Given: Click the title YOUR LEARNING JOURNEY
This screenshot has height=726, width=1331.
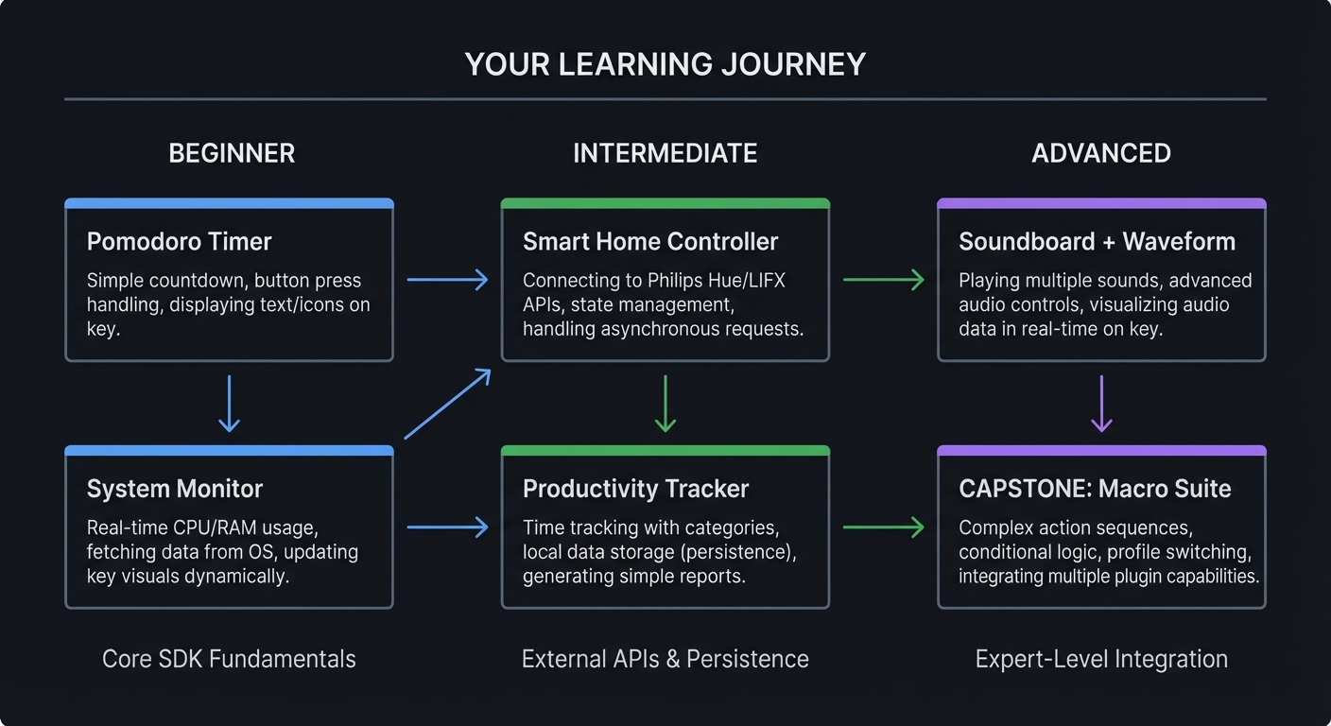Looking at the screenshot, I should click(x=665, y=64).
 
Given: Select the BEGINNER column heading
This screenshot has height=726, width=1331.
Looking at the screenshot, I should click(x=232, y=153).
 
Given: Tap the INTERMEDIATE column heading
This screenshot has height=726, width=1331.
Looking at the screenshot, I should click(x=665, y=153).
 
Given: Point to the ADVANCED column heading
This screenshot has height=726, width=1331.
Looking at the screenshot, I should click(x=1100, y=153).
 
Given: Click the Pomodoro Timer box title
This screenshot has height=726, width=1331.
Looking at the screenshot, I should click(x=179, y=242).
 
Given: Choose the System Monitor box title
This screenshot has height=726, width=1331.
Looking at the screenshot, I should click(x=174, y=489).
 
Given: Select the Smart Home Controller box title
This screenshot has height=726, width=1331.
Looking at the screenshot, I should click(x=649, y=242).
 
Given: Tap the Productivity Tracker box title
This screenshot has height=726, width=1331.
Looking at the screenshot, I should click(x=635, y=489).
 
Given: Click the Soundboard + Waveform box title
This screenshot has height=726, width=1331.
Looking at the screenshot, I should click(x=1097, y=242).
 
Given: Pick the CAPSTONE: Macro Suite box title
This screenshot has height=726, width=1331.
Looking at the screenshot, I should click(x=1095, y=489).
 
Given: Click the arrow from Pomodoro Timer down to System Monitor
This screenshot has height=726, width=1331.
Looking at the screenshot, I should click(x=229, y=404).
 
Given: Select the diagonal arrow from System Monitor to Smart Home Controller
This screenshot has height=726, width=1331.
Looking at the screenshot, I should click(x=447, y=404).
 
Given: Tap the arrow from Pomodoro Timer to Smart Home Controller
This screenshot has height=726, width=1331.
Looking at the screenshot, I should click(x=447, y=279).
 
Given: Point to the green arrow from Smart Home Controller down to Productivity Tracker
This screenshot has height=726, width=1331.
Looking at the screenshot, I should click(x=665, y=404).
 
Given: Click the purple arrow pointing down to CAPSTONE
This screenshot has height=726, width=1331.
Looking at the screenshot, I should click(x=1101, y=404).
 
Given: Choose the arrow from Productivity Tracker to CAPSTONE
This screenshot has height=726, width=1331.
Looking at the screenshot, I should click(x=883, y=527).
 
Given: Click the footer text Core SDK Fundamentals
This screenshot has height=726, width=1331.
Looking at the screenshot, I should click(x=229, y=659).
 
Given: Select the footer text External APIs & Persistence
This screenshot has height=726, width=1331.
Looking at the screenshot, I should click(x=665, y=659).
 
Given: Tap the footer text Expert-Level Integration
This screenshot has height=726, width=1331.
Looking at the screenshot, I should click(x=1101, y=659).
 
